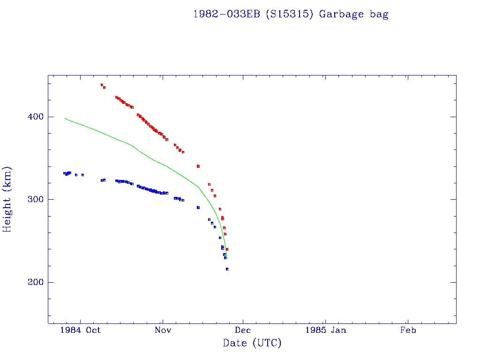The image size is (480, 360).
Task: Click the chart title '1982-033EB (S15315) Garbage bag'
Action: click(x=291, y=14)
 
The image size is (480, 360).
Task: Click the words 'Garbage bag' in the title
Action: click(x=353, y=14)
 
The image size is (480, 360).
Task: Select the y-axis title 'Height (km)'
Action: click(x=7, y=199)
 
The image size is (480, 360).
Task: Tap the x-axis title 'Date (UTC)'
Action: click(x=252, y=343)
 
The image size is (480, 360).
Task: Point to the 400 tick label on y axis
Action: click(x=33, y=117)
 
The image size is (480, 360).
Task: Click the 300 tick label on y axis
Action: click(x=33, y=199)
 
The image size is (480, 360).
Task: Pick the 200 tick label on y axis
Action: click(x=33, y=282)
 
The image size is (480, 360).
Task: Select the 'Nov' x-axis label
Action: click(x=162, y=330)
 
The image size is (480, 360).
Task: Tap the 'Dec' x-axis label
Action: click(x=243, y=330)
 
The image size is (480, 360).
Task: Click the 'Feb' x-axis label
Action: click(x=407, y=330)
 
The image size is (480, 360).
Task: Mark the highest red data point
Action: click(x=102, y=85)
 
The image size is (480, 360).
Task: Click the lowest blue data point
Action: click(x=227, y=269)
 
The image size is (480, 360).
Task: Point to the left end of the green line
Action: click(x=65, y=118)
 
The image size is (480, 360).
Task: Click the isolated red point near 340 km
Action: click(x=198, y=166)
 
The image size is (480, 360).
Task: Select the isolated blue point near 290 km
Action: click(x=198, y=207)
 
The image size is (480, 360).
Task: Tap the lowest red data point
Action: click(x=227, y=249)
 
